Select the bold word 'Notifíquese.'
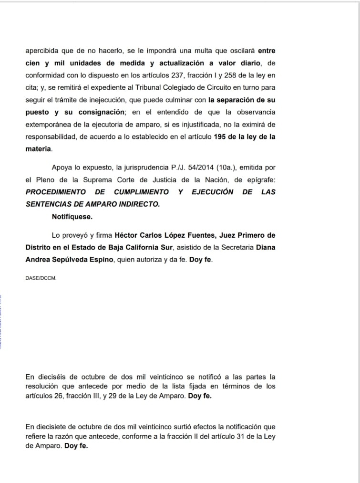pos(72,217)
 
